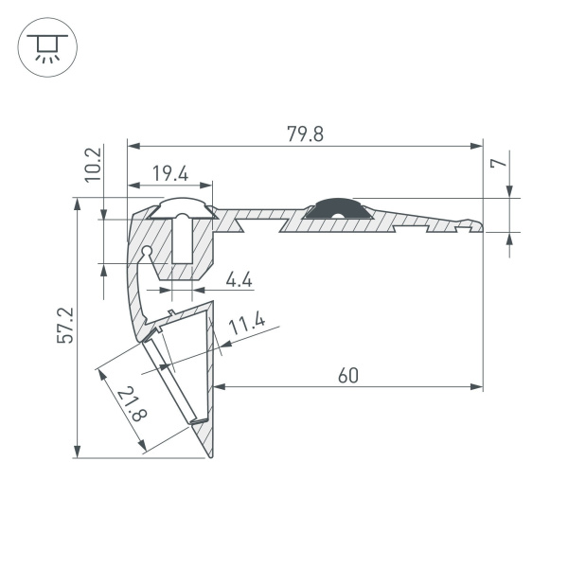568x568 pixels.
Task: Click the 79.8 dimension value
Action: coord(305,133)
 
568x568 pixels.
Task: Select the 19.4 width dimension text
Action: coord(169,173)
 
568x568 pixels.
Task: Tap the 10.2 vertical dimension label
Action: coord(93,164)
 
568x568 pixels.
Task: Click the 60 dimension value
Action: coord(347,375)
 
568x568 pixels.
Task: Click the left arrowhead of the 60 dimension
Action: coord(217,386)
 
